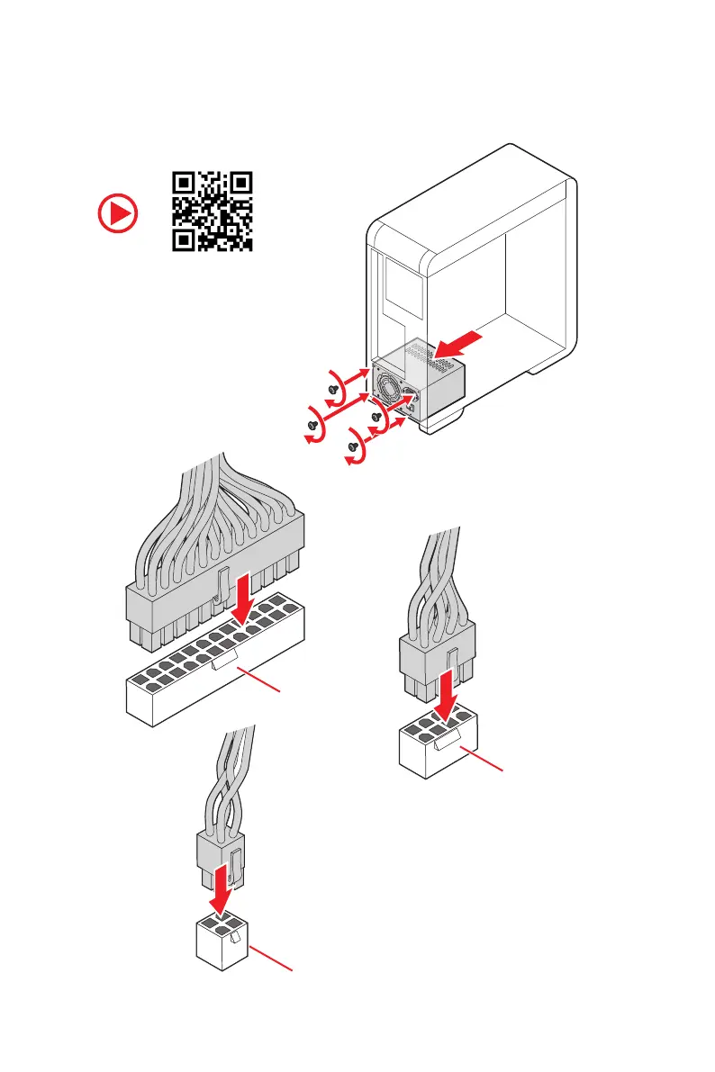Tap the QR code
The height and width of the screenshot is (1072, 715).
click(212, 211)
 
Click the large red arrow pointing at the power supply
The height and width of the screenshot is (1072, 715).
click(466, 346)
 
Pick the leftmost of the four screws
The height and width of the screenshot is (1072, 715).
click(312, 423)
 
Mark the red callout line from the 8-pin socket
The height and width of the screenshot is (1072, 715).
click(482, 760)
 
